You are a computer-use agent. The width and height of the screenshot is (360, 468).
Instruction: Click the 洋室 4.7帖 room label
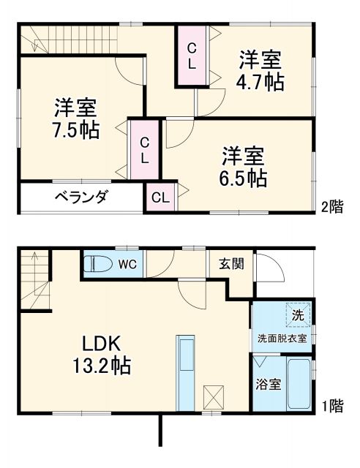(260, 71)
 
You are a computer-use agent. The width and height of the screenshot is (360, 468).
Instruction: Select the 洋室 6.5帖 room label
(244, 167)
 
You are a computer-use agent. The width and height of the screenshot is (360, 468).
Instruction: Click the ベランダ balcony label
(81, 197)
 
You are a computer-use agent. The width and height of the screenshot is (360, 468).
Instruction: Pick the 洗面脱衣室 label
(286, 339)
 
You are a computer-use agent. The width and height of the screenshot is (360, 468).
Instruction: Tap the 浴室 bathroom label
(269, 385)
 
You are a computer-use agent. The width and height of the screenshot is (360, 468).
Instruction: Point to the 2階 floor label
(331, 207)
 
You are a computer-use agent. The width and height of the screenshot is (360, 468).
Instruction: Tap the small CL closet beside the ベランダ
(160, 197)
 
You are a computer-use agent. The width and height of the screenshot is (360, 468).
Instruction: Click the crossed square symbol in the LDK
(214, 397)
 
